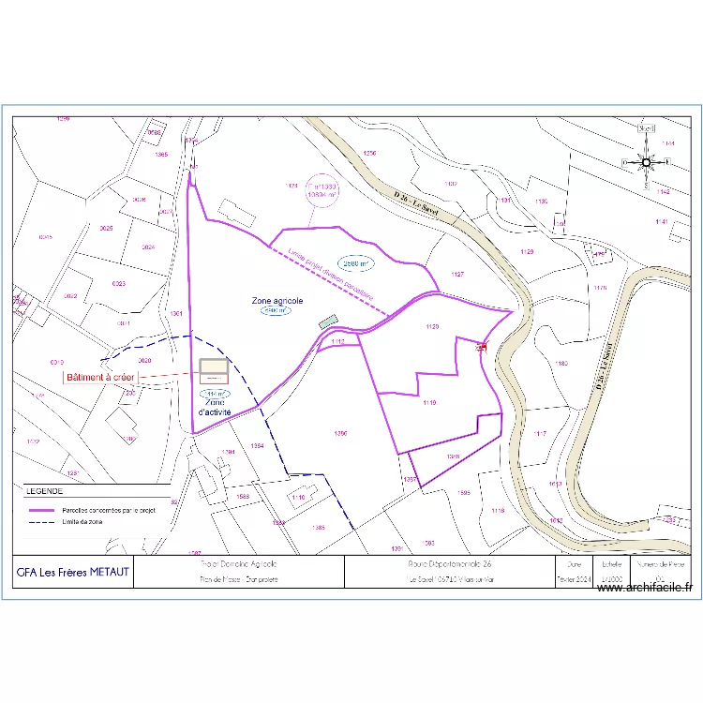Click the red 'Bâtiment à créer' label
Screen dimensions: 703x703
pos(100,378)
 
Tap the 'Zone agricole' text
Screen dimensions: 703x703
pos(277,301)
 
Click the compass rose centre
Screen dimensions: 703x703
pos(647,161)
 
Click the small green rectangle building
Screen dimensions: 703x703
pos(327,322)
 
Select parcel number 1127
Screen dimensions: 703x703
pos(457,275)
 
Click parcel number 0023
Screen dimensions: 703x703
pos(119,283)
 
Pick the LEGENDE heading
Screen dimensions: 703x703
pos(44,490)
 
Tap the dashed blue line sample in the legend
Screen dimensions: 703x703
pos(41,520)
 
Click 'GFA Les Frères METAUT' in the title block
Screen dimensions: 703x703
pos(73,572)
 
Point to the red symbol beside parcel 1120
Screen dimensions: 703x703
pos(482,347)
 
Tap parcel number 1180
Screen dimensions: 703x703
pos(561,363)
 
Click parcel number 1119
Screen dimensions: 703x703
pos(429,403)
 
